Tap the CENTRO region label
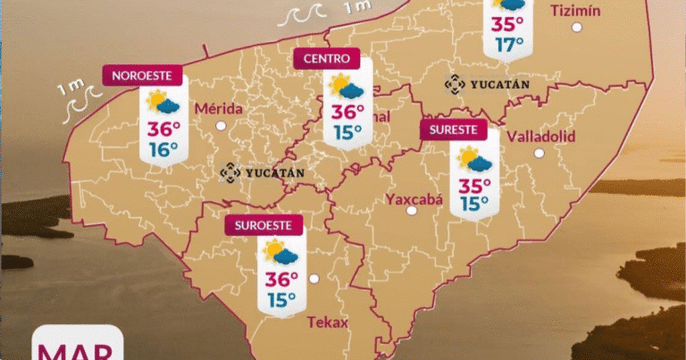tap(326, 59)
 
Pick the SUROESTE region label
tap(264, 225)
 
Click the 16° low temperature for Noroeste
tap(163, 149)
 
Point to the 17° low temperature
tap(509, 44)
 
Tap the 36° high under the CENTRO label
tap(347, 113)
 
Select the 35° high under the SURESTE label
tap(475, 185)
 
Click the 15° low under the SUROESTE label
tap(281, 299)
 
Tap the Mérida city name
tap(219, 108)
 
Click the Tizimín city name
tap(576, 11)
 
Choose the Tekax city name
tap(327, 322)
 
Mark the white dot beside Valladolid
tap(539, 153)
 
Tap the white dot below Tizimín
tap(577, 28)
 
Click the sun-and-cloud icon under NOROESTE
tap(163, 100)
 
